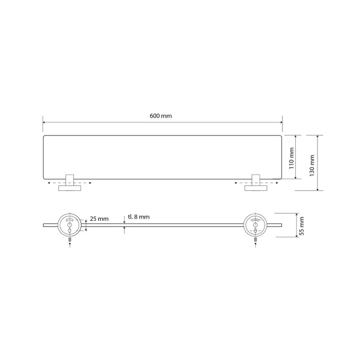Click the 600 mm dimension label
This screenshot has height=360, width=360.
160,116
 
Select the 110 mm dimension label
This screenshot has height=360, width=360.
292,158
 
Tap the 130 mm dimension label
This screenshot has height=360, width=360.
312,166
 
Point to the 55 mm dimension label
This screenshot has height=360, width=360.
302,226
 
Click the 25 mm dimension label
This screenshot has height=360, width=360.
99,219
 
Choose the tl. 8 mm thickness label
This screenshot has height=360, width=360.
139,217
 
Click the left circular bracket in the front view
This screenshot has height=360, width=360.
70,225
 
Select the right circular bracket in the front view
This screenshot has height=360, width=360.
256,225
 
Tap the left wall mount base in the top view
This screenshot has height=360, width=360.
70,188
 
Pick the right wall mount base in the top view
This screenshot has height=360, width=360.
256,188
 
